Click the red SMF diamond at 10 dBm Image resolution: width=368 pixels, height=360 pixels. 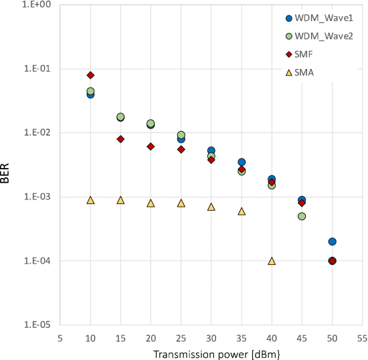[x=90, y=75]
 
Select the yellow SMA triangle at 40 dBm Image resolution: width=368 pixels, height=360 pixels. [x=272, y=261]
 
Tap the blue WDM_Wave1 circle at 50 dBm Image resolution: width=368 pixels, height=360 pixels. [x=332, y=242]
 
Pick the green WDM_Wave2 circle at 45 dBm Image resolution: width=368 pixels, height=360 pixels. [x=302, y=217]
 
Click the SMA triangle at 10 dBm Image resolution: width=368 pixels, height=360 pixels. [x=90, y=200]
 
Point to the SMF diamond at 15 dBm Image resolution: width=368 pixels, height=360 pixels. [x=120, y=139]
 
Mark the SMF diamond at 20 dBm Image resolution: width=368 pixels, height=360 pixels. [x=151, y=147]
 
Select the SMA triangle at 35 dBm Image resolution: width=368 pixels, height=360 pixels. [x=242, y=211]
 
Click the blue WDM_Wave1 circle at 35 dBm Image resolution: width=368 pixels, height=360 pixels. [x=242, y=162]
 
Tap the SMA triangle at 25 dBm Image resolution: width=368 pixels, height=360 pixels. [x=181, y=203]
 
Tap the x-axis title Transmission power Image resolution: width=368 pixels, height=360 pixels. [x=211, y=353]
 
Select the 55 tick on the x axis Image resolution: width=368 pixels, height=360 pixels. [x=362, y=338]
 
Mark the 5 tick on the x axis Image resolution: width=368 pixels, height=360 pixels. [x=60, y=338]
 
